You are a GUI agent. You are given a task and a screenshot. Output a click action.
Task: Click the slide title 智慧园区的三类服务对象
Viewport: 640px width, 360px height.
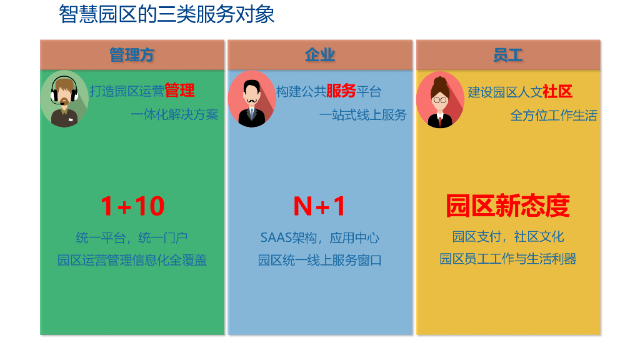[x=167, y=14]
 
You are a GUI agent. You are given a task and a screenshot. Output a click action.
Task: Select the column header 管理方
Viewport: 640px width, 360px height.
[x=132, y=55]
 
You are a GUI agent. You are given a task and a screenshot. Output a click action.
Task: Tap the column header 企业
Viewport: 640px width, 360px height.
[x=320, y=55]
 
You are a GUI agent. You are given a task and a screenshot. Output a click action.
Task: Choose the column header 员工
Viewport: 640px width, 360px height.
[x=507, y=55]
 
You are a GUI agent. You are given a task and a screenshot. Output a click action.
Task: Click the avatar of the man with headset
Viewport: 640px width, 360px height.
[x=64, y=99]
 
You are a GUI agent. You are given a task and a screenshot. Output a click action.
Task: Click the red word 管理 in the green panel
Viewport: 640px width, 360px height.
[x=179, y=91]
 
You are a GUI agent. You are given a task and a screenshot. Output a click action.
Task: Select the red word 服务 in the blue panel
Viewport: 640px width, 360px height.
[x=341, y=91]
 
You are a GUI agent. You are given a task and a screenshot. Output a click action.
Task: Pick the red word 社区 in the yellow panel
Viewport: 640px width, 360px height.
[x=557, y=91]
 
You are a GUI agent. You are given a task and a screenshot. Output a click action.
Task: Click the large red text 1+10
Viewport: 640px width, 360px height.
[x=132, y=206]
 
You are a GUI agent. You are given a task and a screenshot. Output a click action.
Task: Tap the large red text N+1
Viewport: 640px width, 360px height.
[x=319, y=206]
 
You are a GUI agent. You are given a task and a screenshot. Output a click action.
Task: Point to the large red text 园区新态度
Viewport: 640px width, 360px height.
[x=507, y=206]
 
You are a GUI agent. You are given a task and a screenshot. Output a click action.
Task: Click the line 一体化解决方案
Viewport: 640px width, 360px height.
[x=175, y=114]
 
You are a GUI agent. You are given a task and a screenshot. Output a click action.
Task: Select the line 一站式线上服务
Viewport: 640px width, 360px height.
[x=362, y=114]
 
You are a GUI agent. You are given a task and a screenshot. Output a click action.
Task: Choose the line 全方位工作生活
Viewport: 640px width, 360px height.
[x=554, y=115]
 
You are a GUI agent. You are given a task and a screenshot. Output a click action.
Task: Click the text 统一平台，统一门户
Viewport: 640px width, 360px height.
[x=132, y=237]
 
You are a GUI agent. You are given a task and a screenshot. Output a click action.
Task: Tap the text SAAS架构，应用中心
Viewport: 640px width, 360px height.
[x=319, y=237]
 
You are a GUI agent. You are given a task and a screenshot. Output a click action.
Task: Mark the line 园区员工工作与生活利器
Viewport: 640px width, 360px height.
[x=507, y=259]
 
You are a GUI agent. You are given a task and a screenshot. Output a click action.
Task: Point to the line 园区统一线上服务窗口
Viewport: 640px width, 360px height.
[x=319, y=260]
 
